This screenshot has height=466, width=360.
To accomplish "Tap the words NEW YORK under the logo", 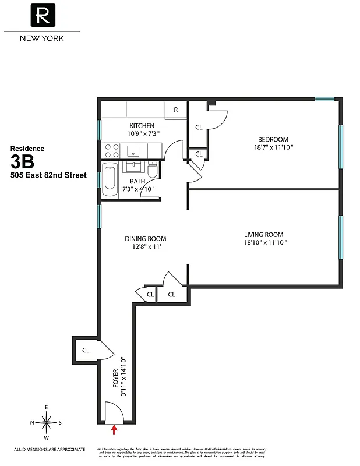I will point(42,38).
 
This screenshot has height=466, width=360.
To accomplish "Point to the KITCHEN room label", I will point(142,126).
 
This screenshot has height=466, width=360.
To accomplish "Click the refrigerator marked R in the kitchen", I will point(175,110).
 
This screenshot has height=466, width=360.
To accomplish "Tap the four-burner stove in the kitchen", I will point(111,151).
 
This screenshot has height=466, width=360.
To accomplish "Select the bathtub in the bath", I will point(110,181).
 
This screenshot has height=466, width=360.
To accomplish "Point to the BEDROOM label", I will point(273,139).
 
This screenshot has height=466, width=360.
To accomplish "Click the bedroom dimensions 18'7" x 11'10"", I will point(273,148).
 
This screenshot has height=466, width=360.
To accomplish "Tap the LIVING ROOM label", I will point(265,235).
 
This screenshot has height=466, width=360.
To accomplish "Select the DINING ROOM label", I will point(146,239).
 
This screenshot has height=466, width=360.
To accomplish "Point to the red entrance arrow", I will point(114,430).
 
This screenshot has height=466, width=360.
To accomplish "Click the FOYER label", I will point(116,379).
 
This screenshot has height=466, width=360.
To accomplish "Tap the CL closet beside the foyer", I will point(85,350).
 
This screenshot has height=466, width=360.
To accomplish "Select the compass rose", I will point(46,421).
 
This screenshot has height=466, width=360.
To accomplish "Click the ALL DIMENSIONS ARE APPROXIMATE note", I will point(50,449).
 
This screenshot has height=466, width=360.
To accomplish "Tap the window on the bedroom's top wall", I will point(324,99).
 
